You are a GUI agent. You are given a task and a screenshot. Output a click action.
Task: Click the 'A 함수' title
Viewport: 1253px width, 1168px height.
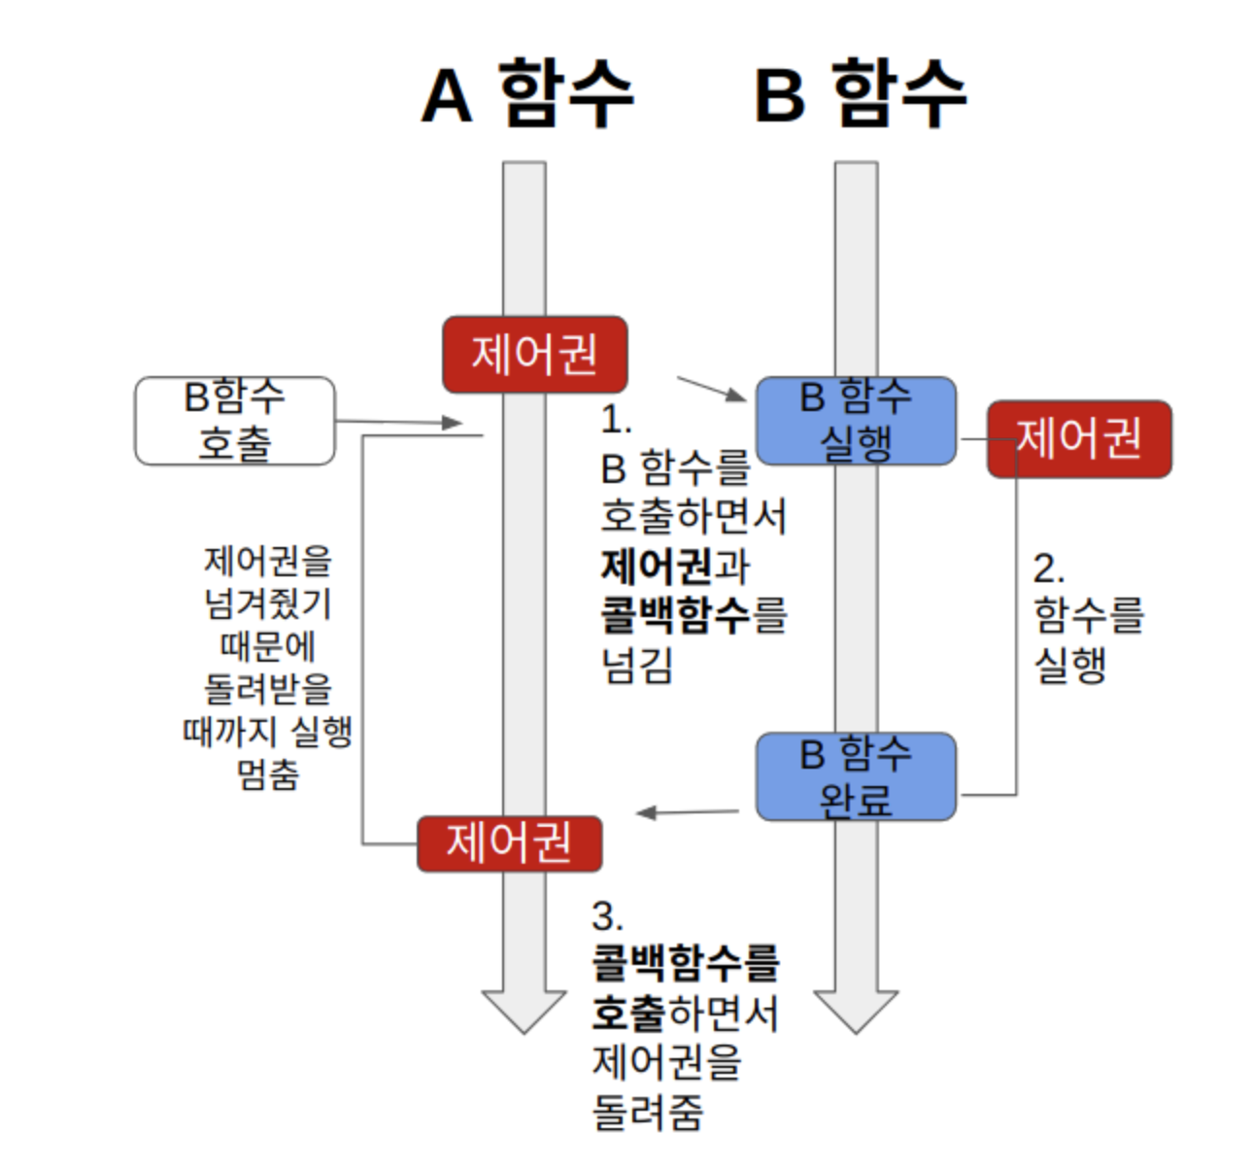(527, 94)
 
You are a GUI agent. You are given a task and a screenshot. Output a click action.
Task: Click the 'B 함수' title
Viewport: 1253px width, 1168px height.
(861, 94)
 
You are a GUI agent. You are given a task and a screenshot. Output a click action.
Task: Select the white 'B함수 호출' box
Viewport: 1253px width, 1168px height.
(235, 421)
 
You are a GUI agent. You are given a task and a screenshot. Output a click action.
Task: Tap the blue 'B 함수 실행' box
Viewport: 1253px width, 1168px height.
(856, 421)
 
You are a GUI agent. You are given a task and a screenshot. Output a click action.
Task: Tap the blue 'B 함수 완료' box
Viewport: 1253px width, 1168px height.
(856, 776)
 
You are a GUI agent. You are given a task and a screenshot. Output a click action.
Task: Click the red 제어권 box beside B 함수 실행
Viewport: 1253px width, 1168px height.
(1079, 438)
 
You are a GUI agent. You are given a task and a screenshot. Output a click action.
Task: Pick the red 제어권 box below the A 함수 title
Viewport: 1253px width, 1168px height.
(534, 354)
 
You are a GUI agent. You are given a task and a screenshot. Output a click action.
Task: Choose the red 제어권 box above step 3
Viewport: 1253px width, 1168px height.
(509, 842)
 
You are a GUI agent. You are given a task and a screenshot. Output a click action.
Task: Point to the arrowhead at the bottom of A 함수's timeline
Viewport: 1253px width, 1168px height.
(525, 1010)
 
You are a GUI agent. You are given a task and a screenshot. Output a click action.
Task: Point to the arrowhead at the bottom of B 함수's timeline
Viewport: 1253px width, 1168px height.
(856, 1010)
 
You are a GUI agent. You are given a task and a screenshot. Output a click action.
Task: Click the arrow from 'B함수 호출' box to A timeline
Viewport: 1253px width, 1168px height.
(398, 422)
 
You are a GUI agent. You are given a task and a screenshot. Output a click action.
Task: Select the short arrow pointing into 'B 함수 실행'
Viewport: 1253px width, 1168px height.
(712, 389)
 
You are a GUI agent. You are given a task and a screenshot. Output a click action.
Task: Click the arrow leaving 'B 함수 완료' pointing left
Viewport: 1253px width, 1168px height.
(688, 812)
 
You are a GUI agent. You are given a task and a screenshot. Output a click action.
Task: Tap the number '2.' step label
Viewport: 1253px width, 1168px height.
(1048, 568)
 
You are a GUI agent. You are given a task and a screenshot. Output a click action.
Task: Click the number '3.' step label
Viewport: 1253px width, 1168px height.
(608, 916)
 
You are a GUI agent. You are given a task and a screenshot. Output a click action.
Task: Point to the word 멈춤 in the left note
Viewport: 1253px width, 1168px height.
(268, 774)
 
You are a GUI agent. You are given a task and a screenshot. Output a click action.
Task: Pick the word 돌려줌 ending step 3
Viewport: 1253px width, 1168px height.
(648, 1112)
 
